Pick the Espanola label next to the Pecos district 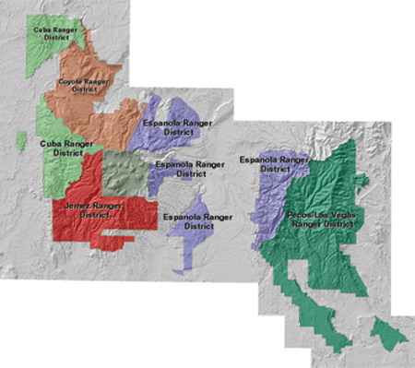click(273, 164)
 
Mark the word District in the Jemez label click(94, 215)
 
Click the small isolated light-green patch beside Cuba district click(20, 140)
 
